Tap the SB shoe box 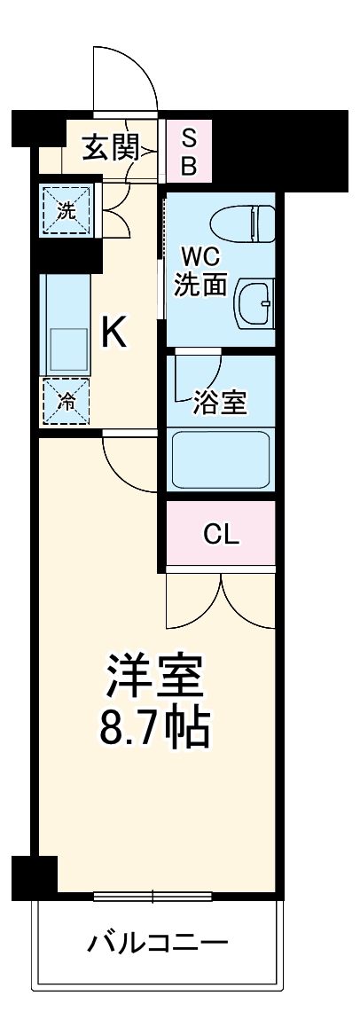coord(190,151)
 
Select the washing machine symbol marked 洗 coord(67,211)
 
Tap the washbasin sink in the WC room coord(255,304)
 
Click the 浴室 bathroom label coord(220,403)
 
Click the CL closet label coord(220,534)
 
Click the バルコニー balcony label coord(157,943)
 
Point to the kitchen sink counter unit coord(67,325)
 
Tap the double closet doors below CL coord(220,600)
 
